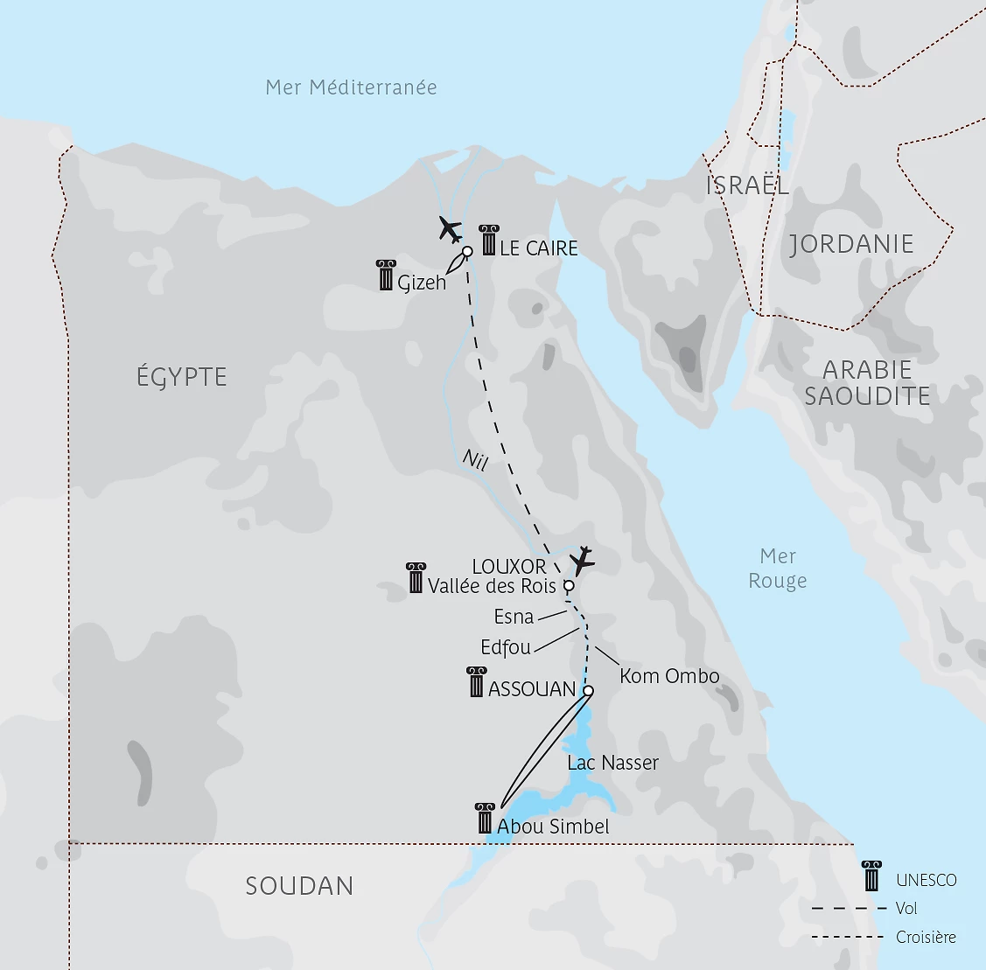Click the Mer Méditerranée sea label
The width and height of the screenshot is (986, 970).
[351, 87]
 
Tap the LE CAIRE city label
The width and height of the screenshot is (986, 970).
[539, 248]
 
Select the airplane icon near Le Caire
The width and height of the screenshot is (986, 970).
[450, 230]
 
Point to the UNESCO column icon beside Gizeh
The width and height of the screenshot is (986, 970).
[385, 276]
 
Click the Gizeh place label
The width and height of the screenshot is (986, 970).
[422, 283]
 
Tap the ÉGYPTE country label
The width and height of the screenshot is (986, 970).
[182, 378]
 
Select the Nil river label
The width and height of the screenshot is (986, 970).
[474, 460]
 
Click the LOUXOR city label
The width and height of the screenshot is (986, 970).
[509, 567]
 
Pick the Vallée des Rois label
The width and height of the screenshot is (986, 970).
[492, 586]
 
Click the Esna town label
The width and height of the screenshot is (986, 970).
[514, 617]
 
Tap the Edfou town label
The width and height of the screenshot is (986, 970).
[506, 648]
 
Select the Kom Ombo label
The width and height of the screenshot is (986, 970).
[669, 676]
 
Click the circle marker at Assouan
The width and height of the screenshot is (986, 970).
[588, 691]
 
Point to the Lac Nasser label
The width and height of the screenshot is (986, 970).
[612, 763]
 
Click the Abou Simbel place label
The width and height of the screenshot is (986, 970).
[553, 827]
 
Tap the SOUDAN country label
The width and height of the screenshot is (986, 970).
[299, 886]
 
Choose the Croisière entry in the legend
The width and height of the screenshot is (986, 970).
[926, 938]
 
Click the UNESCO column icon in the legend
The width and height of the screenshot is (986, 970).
[871, 876]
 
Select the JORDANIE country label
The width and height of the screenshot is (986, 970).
[851, 244]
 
